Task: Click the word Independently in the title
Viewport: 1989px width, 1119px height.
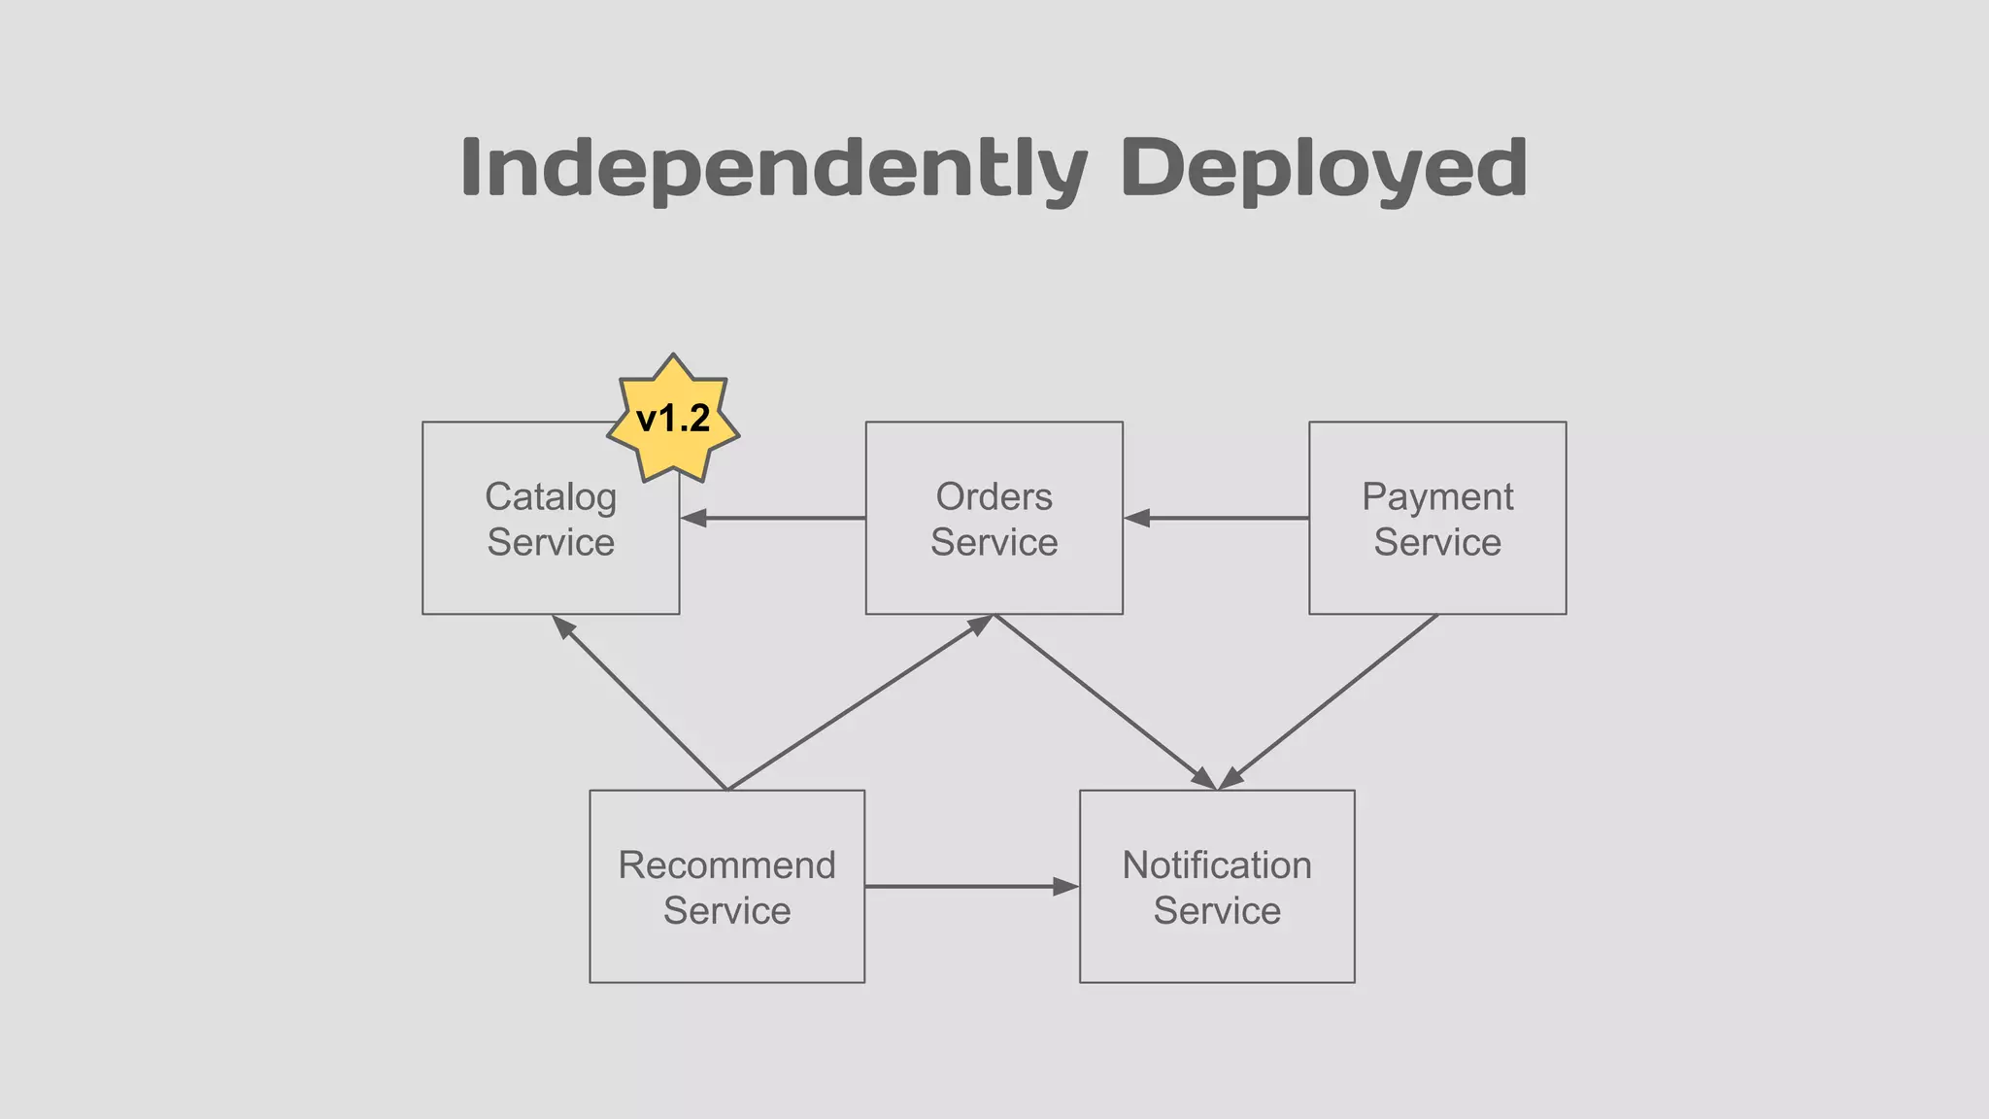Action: [773, 169]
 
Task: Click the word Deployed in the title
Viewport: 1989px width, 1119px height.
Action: [1324, 169]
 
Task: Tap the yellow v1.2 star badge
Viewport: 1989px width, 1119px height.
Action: [673, 419]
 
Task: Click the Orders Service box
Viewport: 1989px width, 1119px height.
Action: [994, 578]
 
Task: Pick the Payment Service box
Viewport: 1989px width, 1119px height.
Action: [1437, 578]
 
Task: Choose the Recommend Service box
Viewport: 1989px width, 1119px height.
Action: [726, 947]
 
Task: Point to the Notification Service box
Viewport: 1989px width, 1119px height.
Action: [1217, 947]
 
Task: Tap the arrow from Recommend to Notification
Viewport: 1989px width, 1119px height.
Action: [971, 886]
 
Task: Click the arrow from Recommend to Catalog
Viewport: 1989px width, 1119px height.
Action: [640, 702]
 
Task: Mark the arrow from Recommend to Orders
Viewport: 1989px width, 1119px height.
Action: [860, 702]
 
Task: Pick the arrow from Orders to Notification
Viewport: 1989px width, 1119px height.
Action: [1105, 701]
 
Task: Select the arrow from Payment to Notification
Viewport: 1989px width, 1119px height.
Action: [1328, 701]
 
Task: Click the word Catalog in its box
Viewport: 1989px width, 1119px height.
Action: [551, 497]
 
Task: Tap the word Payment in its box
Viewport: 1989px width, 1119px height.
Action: [1437, 497]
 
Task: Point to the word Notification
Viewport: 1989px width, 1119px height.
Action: [1217, 865]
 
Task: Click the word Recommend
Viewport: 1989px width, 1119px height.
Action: [726, 865]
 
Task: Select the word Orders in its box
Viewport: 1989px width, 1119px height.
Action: [994, 497]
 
